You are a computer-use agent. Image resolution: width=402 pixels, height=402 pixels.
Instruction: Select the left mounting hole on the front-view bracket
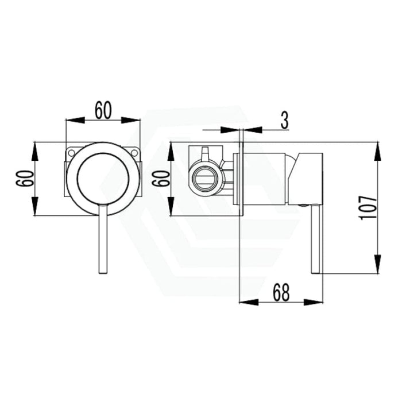tap(71, 153)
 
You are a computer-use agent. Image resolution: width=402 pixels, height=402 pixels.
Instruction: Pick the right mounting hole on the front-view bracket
tap(136, 153)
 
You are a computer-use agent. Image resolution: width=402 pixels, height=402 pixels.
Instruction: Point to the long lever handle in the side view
tap(315, 241)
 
